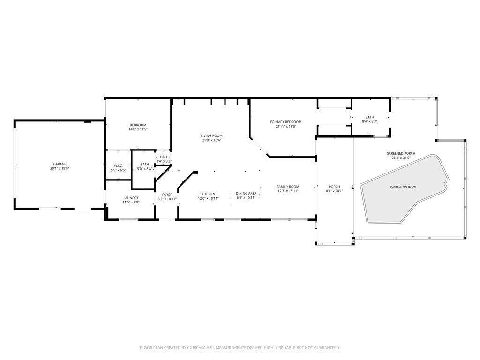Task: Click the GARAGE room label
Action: click(60, 164)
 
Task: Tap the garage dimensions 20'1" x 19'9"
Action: click(60, 168)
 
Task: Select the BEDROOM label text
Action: click(138, 125)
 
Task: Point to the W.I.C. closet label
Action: click(118, 165)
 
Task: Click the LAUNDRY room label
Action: click(131, 198)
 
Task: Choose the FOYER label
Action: click(167, 195)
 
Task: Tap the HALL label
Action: click(164, 157)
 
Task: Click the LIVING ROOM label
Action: click(211, 135)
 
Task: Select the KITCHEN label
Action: click(208, 194)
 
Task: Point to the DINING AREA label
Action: click(246, 193)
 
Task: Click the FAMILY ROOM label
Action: click(288, 187)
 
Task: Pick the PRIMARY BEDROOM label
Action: click(286, 122)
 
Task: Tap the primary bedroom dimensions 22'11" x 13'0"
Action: click(286, 126)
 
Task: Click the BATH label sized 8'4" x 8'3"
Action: click(369, 117)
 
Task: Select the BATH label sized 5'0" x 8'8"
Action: click(144, 164)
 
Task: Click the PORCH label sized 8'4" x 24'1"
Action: click(334, 187)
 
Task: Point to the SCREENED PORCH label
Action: click(401, 153)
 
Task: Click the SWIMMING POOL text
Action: click(403, 187)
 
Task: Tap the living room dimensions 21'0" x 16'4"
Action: click(211, 140)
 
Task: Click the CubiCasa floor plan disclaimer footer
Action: click(240, 347)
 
